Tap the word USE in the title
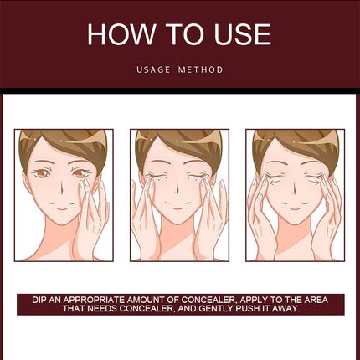242,34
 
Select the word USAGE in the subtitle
153,69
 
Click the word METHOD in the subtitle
201,69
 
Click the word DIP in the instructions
39,300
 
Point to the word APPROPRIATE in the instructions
94,300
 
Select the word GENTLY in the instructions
217,309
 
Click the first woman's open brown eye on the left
42,174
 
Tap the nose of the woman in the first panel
61,191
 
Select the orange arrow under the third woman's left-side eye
275,183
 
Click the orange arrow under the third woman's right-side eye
314,182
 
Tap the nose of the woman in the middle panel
177,190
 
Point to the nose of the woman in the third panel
294,190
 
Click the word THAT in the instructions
74,309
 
